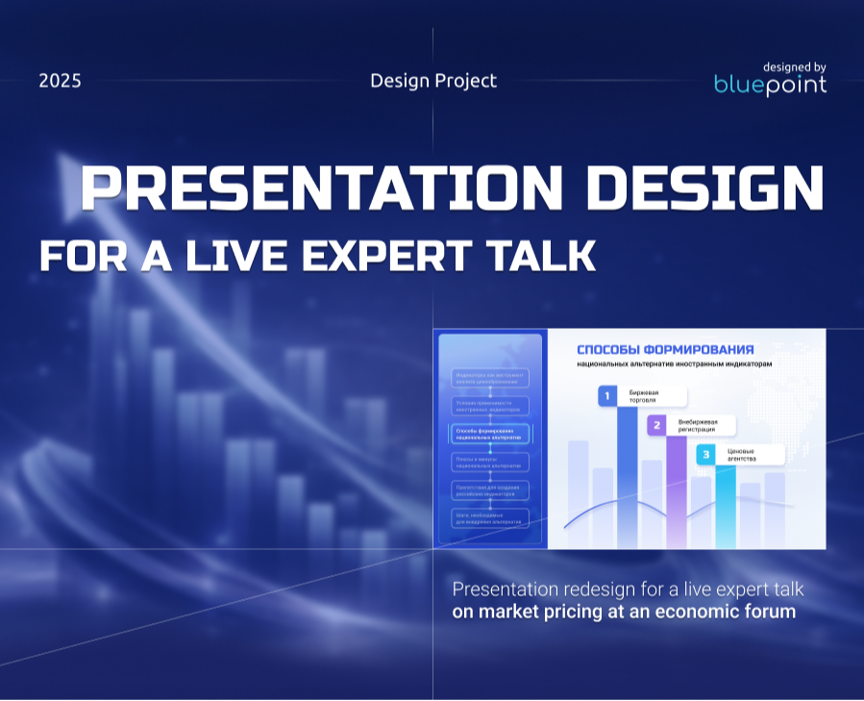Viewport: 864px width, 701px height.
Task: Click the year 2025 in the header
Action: [x=60, y=81]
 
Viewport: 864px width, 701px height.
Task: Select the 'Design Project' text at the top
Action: [x=433, y=81]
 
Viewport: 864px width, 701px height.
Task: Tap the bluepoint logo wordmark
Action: [x=770, y=85]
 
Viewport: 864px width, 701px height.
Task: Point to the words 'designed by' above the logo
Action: [x=794, y=66]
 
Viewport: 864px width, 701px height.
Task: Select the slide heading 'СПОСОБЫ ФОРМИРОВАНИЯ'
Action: [x=665, y=350]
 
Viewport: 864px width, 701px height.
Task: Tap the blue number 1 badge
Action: [x=607, y=395]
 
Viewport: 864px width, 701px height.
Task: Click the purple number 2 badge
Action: [x=656, y=425]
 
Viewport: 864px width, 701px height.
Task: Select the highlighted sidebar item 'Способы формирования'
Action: [x=490, y=434]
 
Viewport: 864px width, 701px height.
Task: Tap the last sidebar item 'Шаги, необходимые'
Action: [x=490, y=517]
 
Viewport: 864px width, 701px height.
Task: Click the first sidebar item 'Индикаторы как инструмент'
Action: [x=490, y=378]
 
